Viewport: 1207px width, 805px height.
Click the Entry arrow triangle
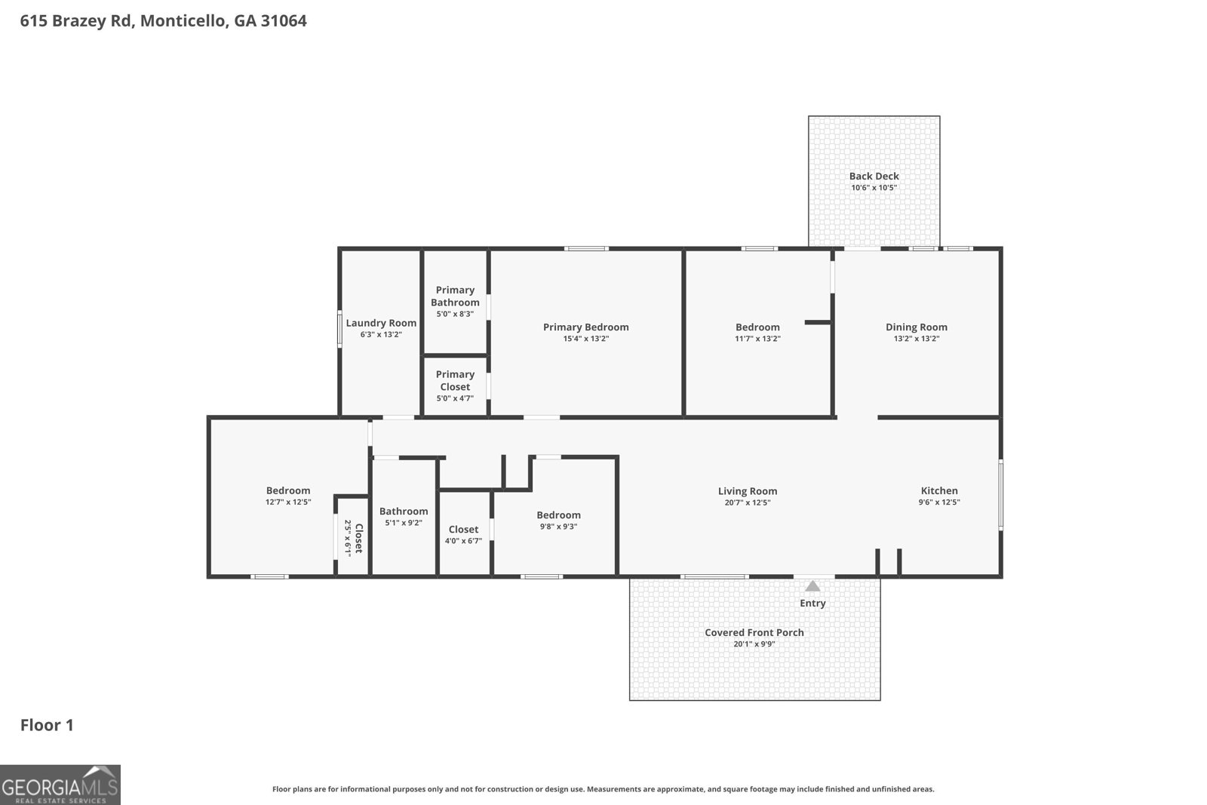(x=812, y=586)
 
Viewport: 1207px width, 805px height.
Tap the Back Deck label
(x=874, y=177)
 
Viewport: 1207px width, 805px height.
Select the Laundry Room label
(x=381, y=323)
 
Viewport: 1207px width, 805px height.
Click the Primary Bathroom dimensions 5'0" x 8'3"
(x=455, y=314)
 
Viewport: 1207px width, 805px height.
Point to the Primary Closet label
(x=455, y=380)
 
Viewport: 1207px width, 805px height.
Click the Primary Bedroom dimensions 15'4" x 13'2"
(x=585, y=339)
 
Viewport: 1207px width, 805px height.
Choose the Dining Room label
(x=916, y=327)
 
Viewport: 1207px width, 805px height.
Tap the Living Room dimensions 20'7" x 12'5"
(x=747, y=502)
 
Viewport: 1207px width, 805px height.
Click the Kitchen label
(x=938, y=490)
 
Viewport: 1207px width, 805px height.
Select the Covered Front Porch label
(x=754, y=632)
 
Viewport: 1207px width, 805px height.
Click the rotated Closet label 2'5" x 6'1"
(x=354, y=537)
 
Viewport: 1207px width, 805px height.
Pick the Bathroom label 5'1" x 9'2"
(x=404, y=512)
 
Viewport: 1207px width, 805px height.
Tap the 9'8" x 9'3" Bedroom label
(x=558, y=515)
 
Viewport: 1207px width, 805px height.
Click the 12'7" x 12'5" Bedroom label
(x=287, y=490)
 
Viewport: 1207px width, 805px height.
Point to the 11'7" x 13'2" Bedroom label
(x=757, y=327)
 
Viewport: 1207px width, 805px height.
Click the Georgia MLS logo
(x=60, y=785)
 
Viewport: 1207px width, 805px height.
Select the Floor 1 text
(x=47, y=725)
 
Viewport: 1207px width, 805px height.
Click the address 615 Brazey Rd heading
(x=164, y=20)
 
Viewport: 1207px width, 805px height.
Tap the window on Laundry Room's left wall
(x=339, y=330)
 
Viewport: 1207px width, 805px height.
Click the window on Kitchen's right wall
(x=1000, y=494)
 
